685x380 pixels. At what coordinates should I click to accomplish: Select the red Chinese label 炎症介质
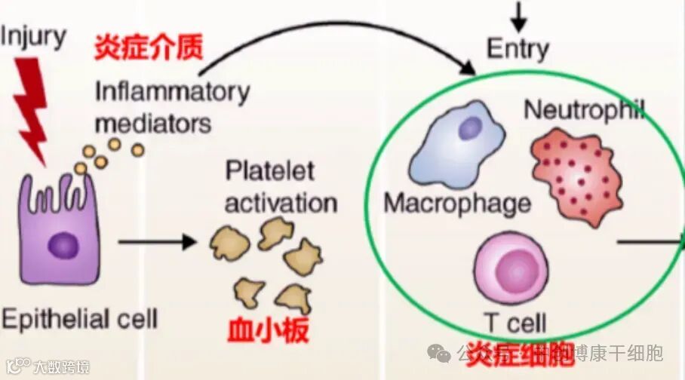(148, 47)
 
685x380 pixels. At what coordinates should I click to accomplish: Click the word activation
(281, 203)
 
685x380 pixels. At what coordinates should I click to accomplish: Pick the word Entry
(518, 49)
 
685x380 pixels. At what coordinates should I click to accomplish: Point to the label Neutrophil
(585, 109)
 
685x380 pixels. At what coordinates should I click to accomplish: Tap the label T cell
(516, 323)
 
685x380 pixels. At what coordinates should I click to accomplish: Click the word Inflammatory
(172, 92)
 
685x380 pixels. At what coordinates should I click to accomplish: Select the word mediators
(153, 122)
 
